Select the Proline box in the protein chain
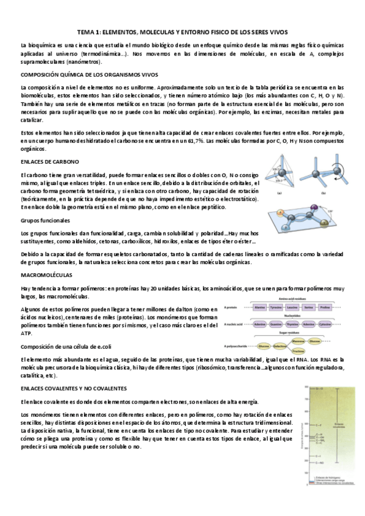coord(325,307)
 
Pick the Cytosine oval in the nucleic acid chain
coord(325,326)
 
